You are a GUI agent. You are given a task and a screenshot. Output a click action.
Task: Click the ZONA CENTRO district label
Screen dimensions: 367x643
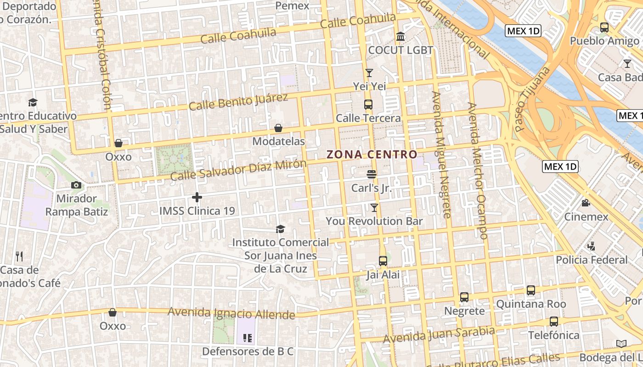[372, 155]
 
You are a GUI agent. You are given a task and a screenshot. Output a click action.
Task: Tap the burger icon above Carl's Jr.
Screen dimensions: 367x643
[372, 174]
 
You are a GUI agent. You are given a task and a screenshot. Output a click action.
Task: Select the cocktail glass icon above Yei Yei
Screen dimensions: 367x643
[369, 73]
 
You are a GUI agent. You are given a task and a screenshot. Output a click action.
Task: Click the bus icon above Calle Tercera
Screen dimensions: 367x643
[368, 104]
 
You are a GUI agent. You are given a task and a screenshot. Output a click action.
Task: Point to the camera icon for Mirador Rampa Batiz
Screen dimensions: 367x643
[76, 185]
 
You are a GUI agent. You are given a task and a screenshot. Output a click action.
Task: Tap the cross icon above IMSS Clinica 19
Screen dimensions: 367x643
[197, 197]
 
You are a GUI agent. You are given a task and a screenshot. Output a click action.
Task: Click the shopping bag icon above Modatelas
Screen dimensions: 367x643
[278, 128]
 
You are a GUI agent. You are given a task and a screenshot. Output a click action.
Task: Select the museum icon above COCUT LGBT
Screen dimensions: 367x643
[400, 36]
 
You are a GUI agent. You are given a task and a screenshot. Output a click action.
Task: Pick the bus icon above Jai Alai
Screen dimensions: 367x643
[383, 261]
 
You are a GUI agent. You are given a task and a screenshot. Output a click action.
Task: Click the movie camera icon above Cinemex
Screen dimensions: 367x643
[586, 203]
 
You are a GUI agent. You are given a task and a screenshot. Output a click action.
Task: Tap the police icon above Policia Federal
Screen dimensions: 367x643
[592, 246]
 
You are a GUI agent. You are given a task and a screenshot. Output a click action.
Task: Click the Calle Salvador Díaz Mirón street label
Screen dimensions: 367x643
[238, 170]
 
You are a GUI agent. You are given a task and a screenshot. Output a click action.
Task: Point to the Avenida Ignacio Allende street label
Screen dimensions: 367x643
[231, 313]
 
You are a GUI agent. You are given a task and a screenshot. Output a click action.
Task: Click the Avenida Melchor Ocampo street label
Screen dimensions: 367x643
[477, 170]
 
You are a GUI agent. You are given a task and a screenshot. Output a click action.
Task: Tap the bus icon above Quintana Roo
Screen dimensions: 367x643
[531, 290]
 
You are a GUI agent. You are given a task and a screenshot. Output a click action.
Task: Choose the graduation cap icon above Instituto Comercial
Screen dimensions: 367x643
[280, 229]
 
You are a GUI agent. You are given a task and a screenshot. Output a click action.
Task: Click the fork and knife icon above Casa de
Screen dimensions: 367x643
[19, 256]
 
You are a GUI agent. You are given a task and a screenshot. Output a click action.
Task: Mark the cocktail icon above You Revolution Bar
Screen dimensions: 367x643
[374, 208]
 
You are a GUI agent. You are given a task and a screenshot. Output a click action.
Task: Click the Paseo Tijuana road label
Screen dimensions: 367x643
[532, 99]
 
